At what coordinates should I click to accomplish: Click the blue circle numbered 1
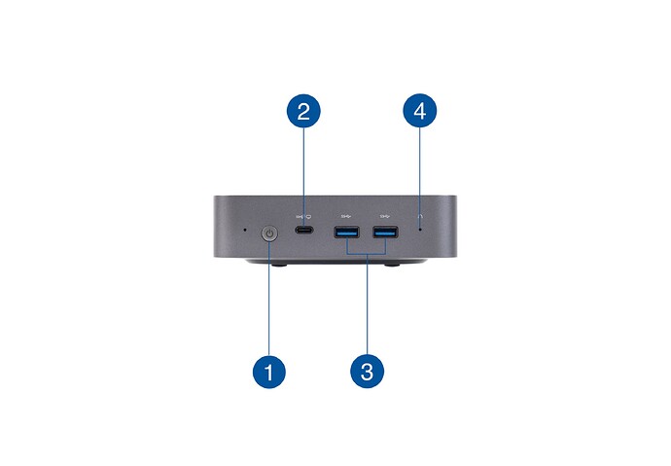click(x=269, y=372)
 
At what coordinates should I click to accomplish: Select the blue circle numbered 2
click(x=303, y=111)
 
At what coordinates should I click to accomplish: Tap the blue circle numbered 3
click(x=368, y=372)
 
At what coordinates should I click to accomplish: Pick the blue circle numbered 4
click(x=420, y=111)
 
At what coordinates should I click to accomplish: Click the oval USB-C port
click(x=303, y=230)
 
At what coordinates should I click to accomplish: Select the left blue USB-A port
click(x=346, y=232)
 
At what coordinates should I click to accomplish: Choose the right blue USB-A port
click(x=385, y=232)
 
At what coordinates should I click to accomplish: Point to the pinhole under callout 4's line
click(x=420, y=230)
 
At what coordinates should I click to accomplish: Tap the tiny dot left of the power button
click(x=245, y=230)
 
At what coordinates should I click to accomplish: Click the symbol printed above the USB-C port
click(x=303, y=217)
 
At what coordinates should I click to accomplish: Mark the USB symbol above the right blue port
click(x=385, y=217)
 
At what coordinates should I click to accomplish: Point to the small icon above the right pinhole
click(x=420, y=217)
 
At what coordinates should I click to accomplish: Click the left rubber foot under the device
click(x=279, y=265)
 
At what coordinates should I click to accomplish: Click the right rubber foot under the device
click(x=392, y=265)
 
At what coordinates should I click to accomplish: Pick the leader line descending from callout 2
click(x=303, y=177)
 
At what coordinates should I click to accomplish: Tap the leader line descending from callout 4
click(x=420, y=178)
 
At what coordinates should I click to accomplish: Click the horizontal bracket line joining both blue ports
click(x=367, y=254)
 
